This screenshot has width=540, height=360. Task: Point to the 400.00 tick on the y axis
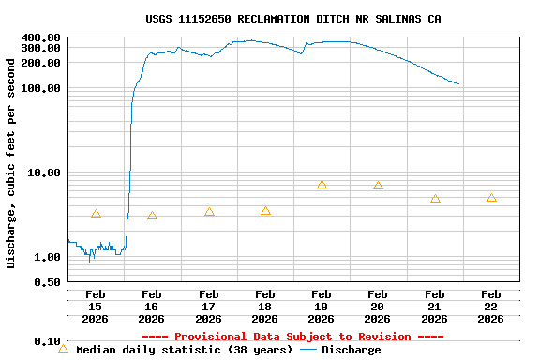point(41,37)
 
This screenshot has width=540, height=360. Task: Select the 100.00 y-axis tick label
point(41,88)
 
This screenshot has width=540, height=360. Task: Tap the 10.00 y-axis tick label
point(45,172)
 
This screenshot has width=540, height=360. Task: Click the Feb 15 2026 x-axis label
point(96,306)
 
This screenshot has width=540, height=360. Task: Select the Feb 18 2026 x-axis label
point(265,306)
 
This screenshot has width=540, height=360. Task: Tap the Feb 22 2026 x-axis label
point(491,306)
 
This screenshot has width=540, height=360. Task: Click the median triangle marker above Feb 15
point(96,214)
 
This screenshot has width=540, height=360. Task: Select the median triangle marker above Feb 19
point(322,185)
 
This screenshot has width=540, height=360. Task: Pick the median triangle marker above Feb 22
point(491,198)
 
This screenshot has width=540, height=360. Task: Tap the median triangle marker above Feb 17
point(209,212)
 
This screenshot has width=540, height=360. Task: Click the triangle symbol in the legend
point(64,349)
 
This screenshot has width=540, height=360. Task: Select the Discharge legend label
point(352,350)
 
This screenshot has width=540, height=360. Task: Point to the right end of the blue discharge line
point(458,84)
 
